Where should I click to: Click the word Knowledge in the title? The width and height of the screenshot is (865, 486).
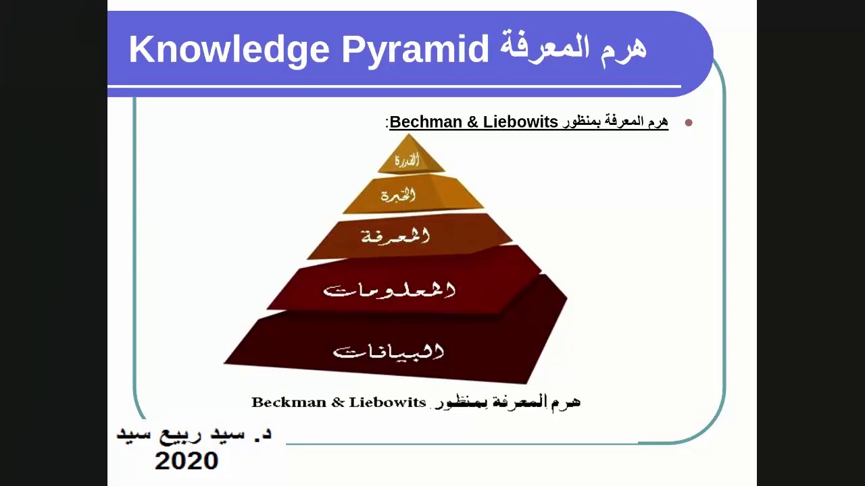pyautogui.click(x=229, y=49)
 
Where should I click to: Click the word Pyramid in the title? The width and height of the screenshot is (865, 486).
pyautogui.click(x=415, y=49)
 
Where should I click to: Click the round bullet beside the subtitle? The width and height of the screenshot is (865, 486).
pyautogui.click(x=689, y=123)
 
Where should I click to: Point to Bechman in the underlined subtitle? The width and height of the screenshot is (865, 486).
pyautogui.click(x=426, y=122)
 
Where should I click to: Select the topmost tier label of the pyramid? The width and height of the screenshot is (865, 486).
pyautogui.click(x=407, y=161)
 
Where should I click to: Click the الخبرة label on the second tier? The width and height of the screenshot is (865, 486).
pyautogui.click(x=398, y=196)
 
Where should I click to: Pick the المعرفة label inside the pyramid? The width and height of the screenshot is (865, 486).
pyautogui.click(x=395, y=236)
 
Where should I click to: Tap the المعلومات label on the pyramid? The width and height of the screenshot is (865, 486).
pyautogui.click(x=390, y=290)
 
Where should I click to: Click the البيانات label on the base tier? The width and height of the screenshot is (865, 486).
pyautogui.click(x=389, y=352)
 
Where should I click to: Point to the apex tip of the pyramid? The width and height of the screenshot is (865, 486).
pyautogui.click(x=408, y=135)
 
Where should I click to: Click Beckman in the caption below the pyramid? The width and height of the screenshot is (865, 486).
pyautogui.click(x=289, y=402)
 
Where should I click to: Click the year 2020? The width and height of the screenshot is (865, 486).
pyautogui.click(x=187, y=461)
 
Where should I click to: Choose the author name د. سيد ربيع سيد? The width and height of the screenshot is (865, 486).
pyautogui.click(x=194, y=434)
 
